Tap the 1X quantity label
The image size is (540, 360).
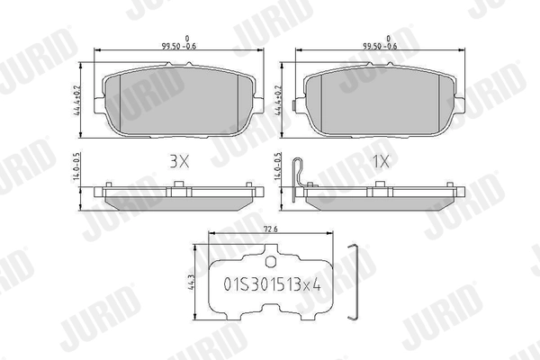[x=380, y=162]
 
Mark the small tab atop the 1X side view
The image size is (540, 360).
[x=379, y=186]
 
